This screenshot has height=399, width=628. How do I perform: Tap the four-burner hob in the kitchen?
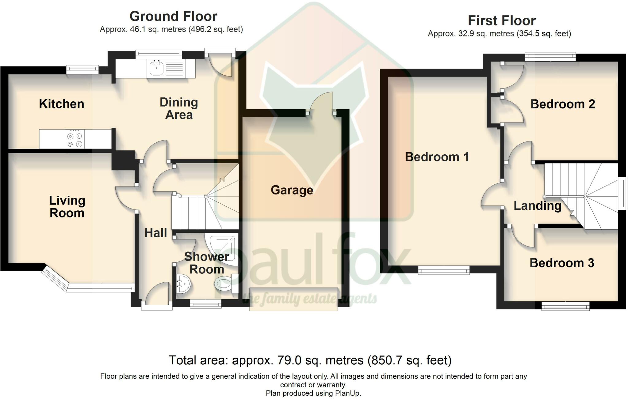[x=75, y=139]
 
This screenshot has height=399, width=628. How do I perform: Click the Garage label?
[x=292, y=190]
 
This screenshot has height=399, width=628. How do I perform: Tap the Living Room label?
[x=67, y=207]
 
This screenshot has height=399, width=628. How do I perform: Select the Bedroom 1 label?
[x=437, y=157]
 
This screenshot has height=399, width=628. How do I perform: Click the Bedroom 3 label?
[x=562, y=263]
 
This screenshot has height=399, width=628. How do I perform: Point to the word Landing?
[x=538, y=206]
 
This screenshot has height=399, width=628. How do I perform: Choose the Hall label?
[x=156, y=233]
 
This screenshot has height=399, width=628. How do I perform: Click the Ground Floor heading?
[x=173, y=16]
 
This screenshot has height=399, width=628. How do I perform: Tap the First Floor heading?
[x=502, y=21]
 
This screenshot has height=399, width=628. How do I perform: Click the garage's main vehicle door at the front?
[x=294, y=299]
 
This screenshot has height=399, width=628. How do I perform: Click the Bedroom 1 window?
[x=444, y=270]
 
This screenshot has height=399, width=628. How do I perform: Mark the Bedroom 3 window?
[x=565, y=306]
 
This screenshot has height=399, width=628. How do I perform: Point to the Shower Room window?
[x=205, y=303]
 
